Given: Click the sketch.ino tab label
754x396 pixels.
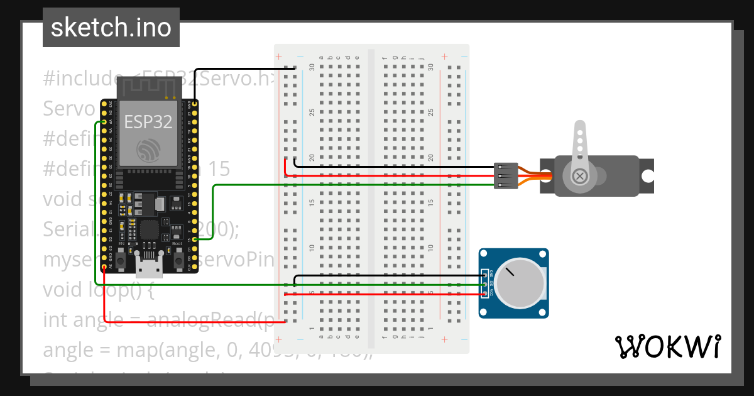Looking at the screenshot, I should coord(111,28).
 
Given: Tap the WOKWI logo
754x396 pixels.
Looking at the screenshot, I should coord(667,346).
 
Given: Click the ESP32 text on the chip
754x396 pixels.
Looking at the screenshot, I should coord(148,121).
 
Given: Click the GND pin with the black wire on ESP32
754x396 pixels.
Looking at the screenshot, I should coord(195,103).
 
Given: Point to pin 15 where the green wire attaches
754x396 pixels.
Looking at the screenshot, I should coord(195,239).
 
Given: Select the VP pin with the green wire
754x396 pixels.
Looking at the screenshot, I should coord(104,122).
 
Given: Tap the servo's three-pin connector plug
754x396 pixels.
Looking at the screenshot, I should coord(506,176).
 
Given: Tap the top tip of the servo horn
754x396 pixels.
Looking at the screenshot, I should coord(580,128).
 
